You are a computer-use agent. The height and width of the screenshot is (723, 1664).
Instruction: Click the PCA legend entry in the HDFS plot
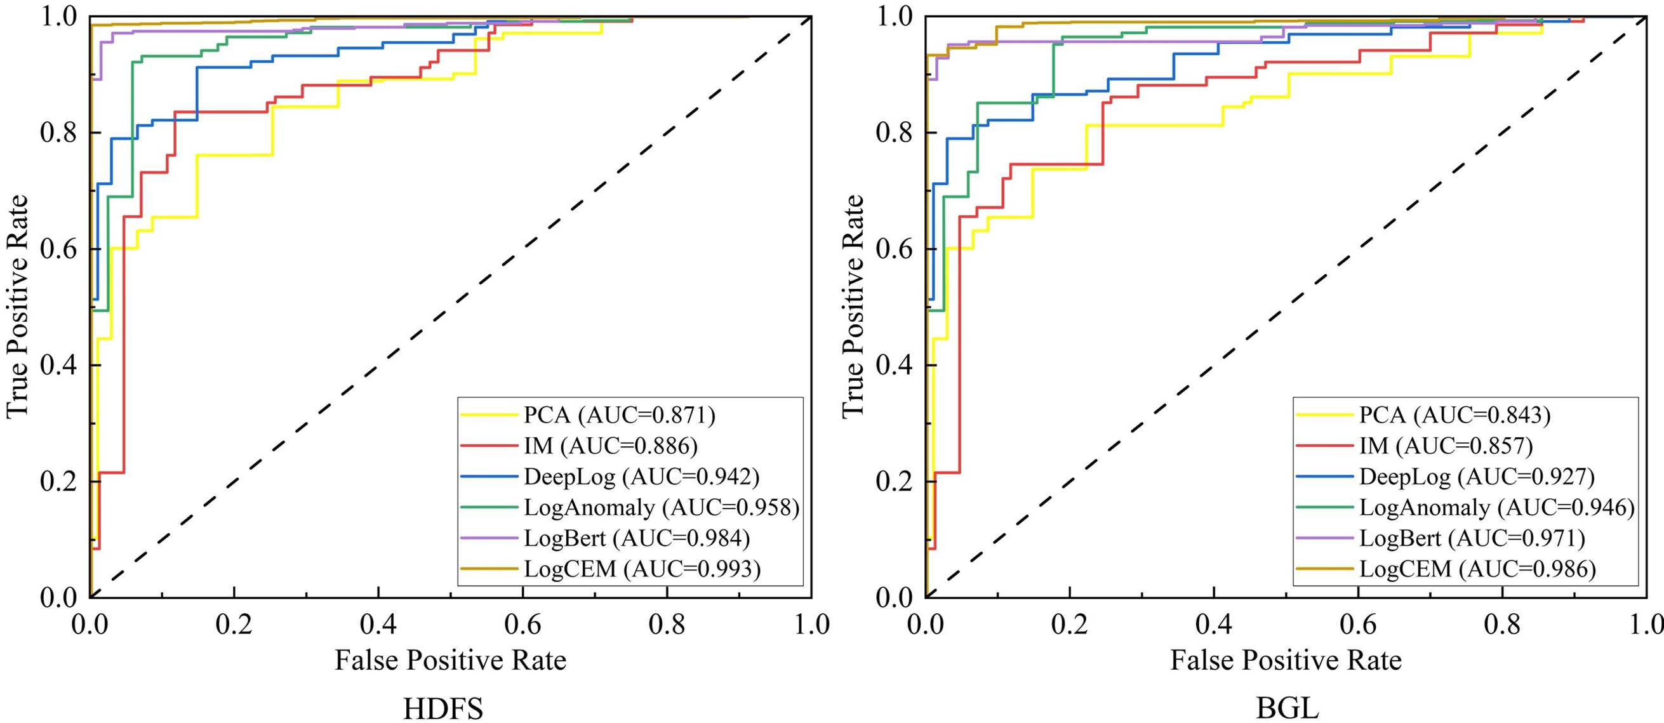click(x=619, y=415)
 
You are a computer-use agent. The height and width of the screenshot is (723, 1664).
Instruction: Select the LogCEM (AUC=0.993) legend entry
click(x=642, y=569)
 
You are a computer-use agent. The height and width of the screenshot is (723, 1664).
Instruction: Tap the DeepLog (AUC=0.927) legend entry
click(x=1477, y=477)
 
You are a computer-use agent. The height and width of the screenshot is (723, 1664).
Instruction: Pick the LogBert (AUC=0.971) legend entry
click(x=1472, y=538)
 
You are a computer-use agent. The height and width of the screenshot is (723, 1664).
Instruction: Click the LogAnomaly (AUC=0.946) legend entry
click(x=1496, y=507)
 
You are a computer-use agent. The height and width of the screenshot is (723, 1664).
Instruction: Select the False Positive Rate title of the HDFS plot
click(x=450, y=660)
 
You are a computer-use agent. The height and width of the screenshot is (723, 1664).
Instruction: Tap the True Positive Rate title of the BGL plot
click(x=853, y=306)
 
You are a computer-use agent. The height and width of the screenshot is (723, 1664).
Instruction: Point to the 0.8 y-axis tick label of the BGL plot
click(x=895, y=133)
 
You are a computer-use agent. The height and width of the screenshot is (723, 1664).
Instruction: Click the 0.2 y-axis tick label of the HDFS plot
click(x=60, y=481)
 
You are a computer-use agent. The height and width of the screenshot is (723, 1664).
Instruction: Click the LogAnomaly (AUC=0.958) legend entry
click(x=662, y=507)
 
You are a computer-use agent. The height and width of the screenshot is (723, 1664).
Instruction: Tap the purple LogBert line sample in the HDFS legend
click(x=489, y=538)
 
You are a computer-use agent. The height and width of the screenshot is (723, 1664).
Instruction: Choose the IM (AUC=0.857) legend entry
click(x=1446, y=446)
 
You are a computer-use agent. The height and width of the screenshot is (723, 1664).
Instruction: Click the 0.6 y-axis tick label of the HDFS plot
click(x=60, y=249)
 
